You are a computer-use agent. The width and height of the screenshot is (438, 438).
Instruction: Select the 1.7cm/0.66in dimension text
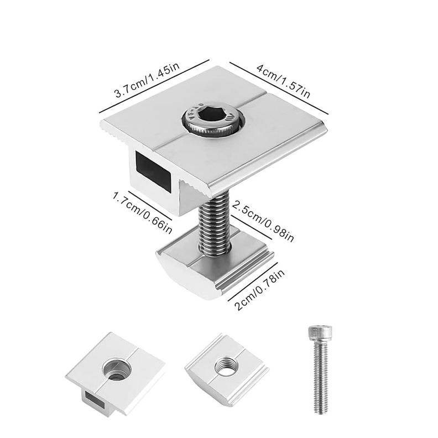142,213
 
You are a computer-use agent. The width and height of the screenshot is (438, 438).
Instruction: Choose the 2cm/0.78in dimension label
259,289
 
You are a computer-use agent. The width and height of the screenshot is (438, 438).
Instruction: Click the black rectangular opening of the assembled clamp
153,171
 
